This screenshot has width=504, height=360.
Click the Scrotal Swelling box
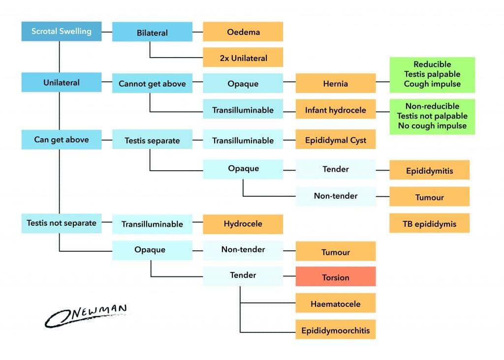coord(61,31)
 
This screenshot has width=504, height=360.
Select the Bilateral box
coord(152,33)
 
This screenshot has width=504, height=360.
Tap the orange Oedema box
coord(243,32)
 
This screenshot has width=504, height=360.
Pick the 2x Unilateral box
coord(243,58)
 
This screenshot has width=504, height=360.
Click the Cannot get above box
coord(152,84)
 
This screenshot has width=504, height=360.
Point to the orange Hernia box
coord(335,84)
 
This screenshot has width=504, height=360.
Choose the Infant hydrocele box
coord(335,110)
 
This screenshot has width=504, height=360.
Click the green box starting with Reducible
coord(432,74)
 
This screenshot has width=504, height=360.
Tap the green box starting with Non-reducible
coord(432,117)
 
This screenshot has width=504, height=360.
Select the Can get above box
coord(61,140)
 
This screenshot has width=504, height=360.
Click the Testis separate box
coord(152,140)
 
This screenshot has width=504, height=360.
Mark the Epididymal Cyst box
coord(335,140)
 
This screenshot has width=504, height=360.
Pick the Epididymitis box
coord(429,171)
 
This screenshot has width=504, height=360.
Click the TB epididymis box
coord(429,224)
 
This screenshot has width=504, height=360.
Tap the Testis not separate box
coord(61,223)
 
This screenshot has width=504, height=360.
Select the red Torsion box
coord(335,277)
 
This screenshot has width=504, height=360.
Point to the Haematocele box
coord(335,303)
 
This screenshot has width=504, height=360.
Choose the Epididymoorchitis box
coord(335,330)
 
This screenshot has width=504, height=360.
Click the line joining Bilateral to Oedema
coord(197,32)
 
